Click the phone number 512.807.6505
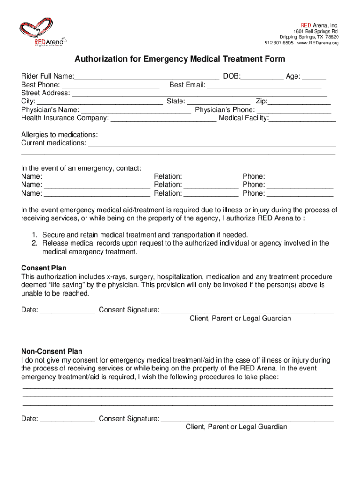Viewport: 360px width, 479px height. coord(280,43)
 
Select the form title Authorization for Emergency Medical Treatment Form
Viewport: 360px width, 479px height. coord(180,59)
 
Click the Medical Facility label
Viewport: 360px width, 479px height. coord(243,118)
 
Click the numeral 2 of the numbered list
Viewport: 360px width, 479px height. coord(35,243)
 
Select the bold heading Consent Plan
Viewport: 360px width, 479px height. coord(44,268)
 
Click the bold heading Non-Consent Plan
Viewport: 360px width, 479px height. coord(52,351)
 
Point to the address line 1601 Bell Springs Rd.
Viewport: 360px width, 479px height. coord(313,31)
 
